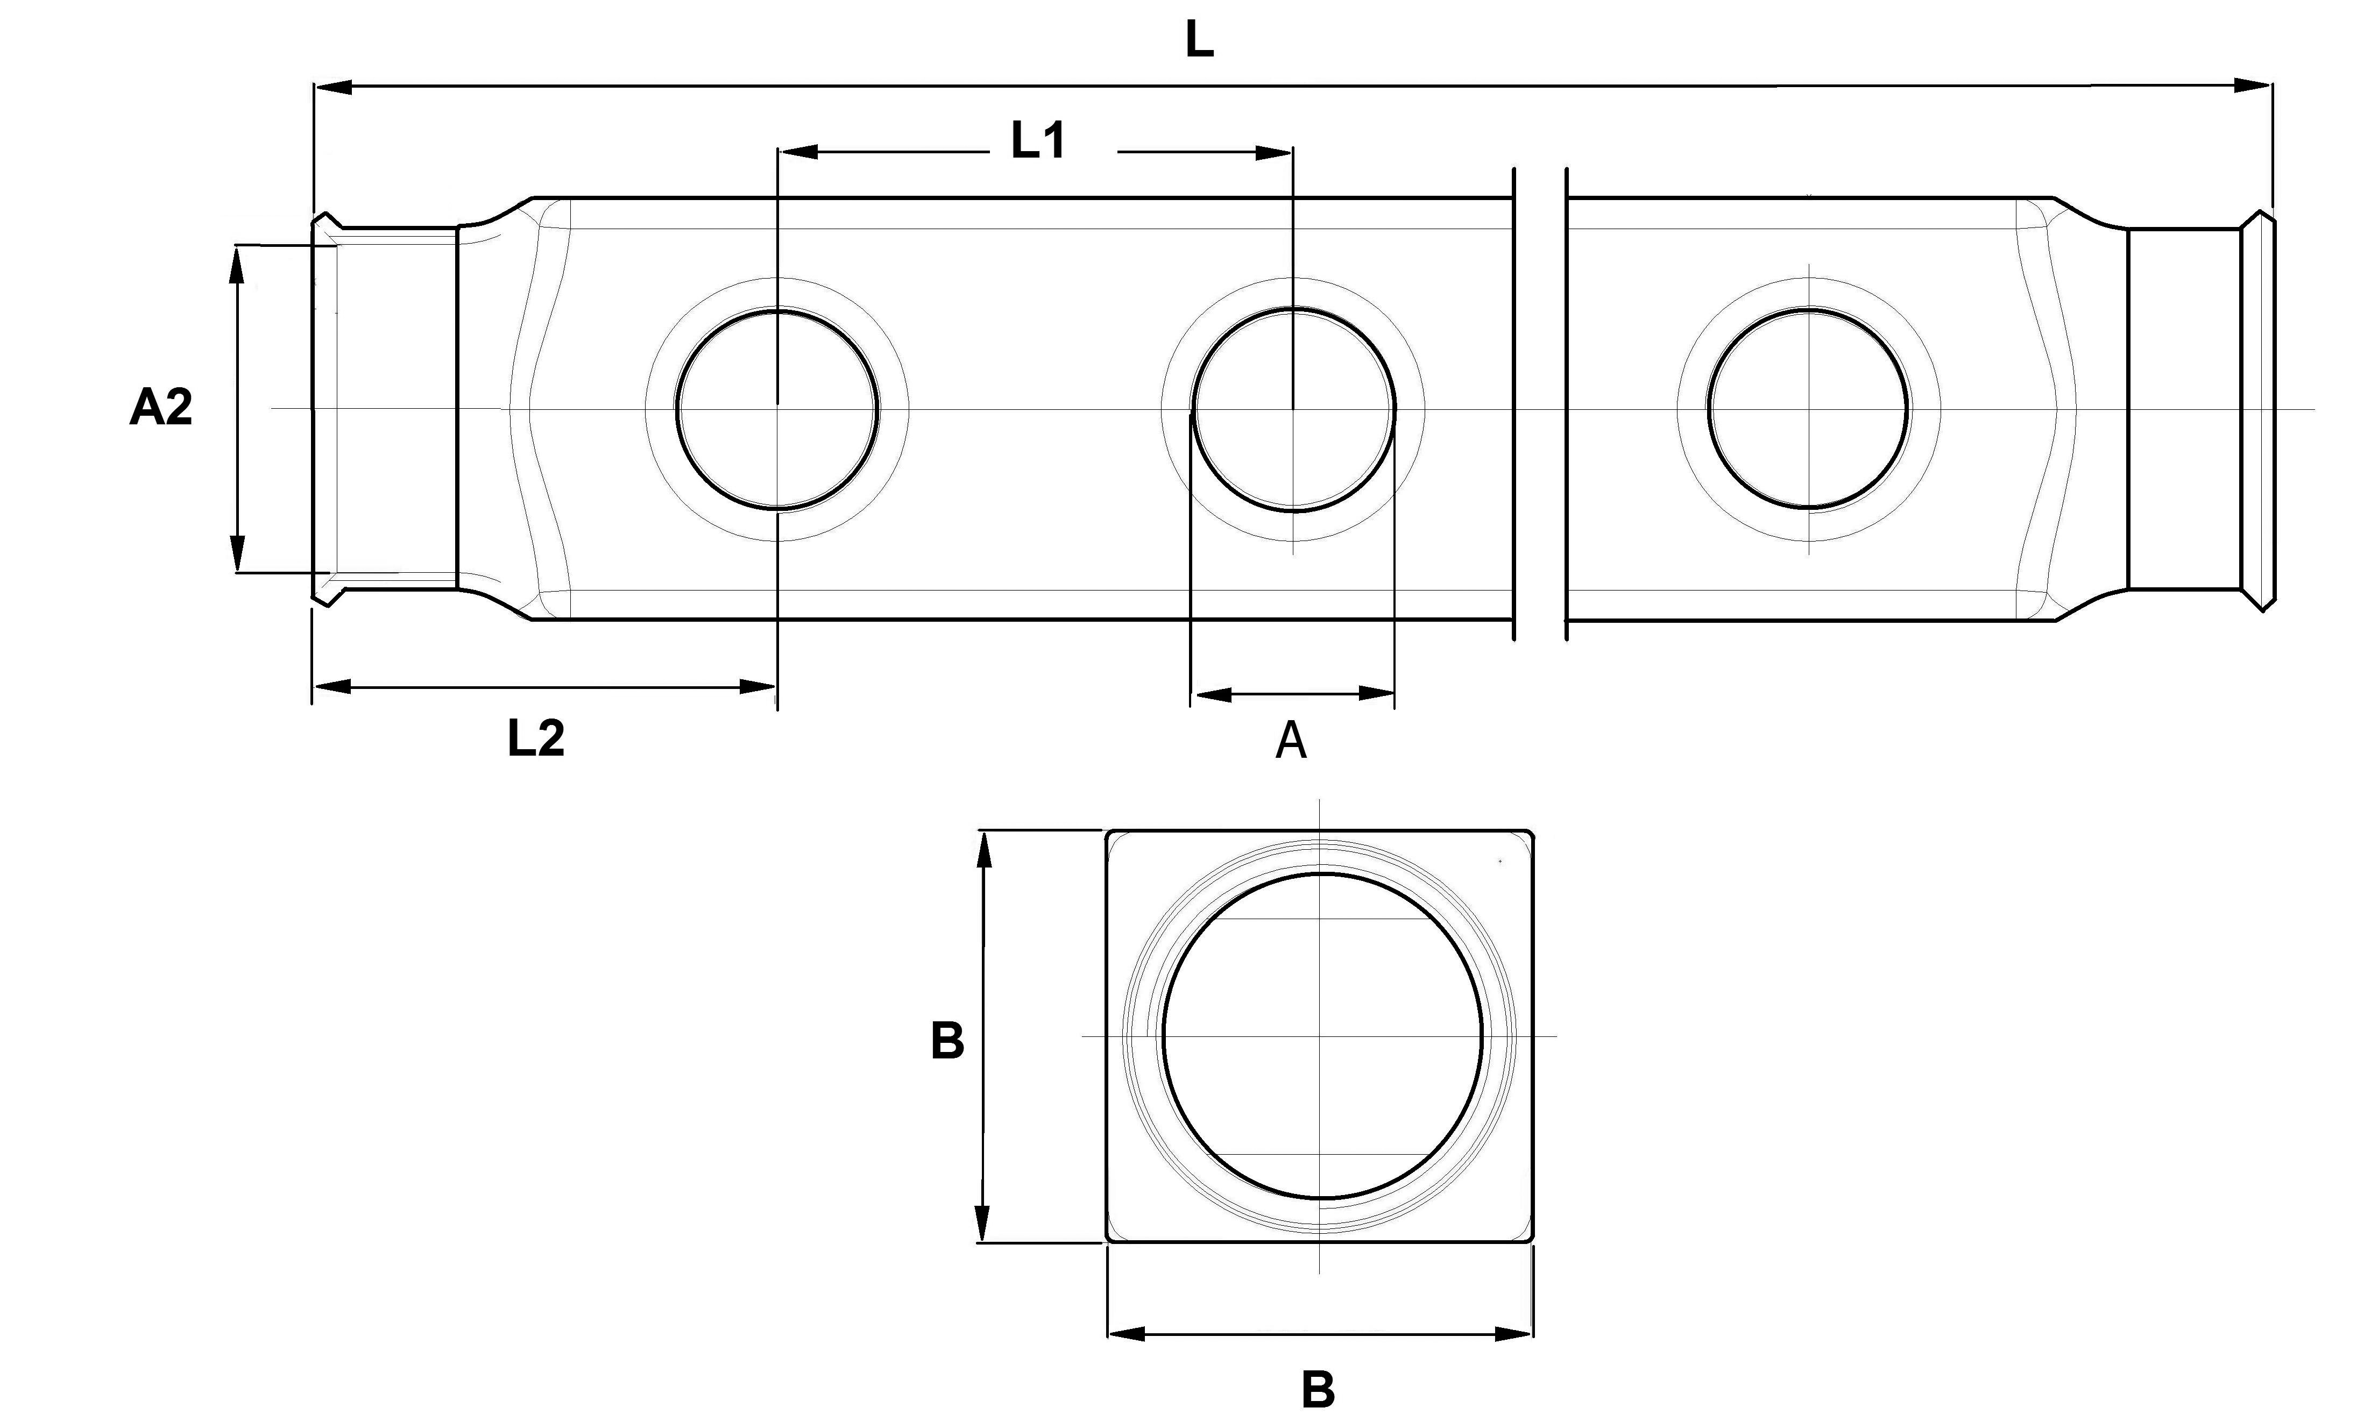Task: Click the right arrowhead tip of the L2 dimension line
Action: [775, 686]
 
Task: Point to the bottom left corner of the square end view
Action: [1108, 1241]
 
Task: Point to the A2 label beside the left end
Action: [161, 407]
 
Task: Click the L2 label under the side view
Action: [536, 738]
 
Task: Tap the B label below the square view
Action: [1318, 1390]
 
